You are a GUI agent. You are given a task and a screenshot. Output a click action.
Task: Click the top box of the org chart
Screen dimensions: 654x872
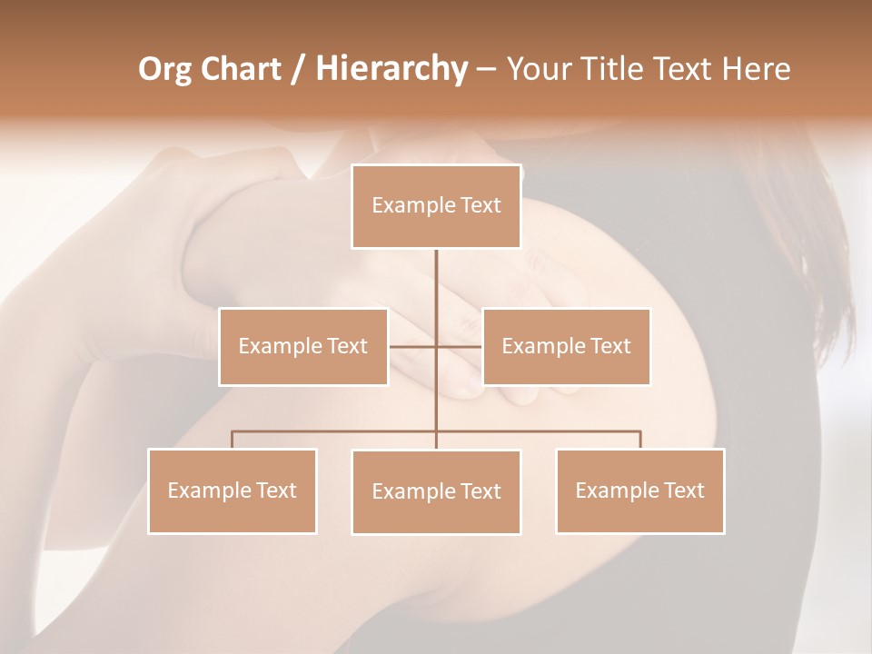(436, 206)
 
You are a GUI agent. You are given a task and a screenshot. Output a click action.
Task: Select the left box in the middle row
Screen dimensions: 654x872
(303, 346)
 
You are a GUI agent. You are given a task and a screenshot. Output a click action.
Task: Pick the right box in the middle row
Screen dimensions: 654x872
(566, 346)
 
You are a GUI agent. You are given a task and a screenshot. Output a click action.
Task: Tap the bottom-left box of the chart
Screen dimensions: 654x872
(233, 490)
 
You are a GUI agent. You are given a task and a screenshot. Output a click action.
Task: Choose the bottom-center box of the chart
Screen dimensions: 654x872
(436, 491)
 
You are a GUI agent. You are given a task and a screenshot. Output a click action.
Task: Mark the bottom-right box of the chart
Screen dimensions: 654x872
(639, 490)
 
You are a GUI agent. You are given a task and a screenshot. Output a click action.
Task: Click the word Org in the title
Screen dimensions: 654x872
(164, 69)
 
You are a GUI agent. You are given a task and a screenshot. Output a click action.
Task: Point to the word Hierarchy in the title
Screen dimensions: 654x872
(391, 69)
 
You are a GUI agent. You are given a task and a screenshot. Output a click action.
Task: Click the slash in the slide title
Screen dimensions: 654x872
(298, 70)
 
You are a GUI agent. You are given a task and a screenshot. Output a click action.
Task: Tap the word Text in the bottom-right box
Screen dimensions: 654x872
(683, 490)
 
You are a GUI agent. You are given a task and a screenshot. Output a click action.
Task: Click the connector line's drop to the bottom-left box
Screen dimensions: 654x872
(233, 440)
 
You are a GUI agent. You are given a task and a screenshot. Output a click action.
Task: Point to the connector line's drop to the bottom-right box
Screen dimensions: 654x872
(639, 440)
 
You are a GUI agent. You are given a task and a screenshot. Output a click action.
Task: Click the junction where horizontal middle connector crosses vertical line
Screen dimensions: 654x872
(436, 346)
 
